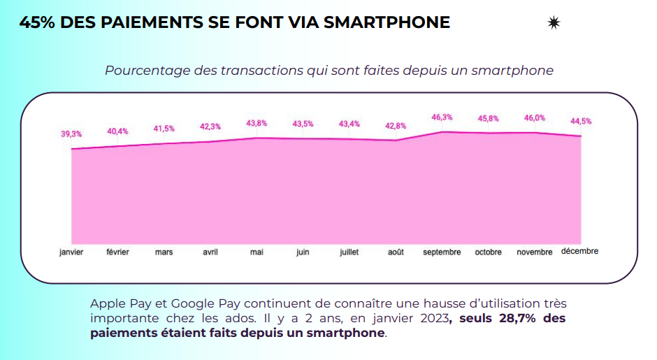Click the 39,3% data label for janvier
point(71,134)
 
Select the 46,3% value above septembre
point(442,117)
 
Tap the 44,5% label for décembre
point(581,121)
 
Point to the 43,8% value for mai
point(257,123)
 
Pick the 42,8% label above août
point(396,126)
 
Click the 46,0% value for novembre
point(535,118)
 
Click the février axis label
point(117,252)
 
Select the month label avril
point(210,252)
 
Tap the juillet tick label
point(349,252)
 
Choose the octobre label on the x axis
point(489,252)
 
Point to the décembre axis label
point(580,252)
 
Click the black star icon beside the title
point(554,23)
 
